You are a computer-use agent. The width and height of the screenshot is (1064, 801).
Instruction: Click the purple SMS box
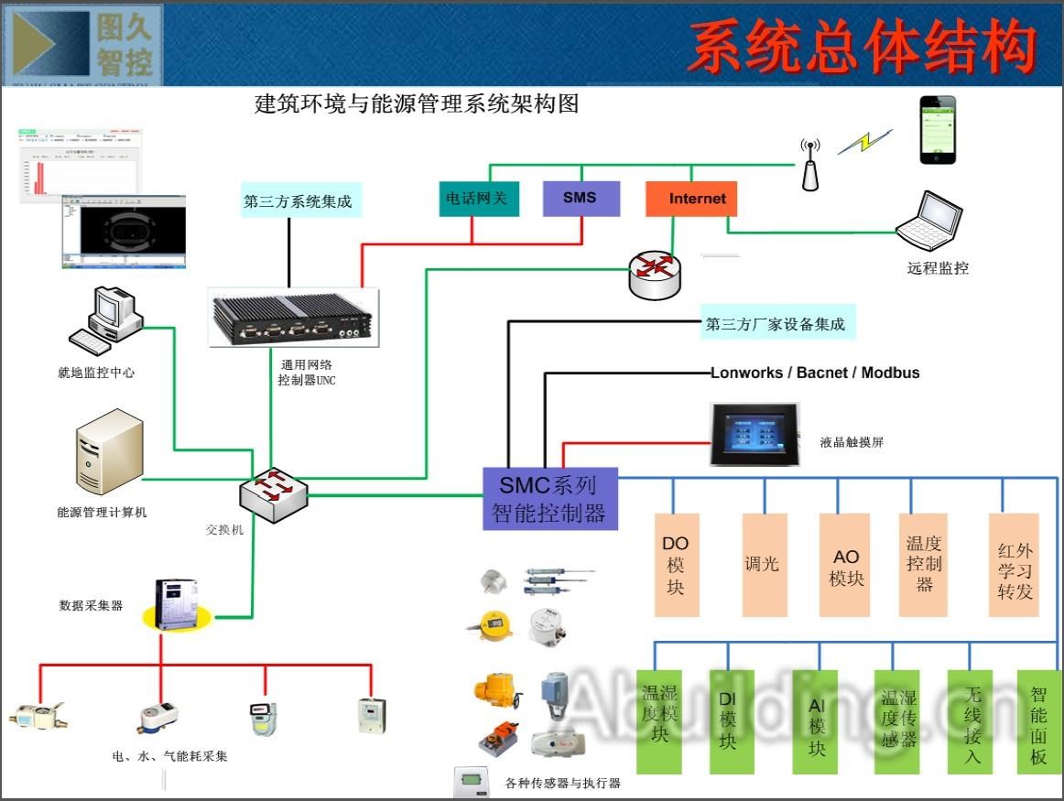click(581, 198)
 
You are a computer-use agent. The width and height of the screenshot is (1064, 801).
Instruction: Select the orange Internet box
click(691, 199)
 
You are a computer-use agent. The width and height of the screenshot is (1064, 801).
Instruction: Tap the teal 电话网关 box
click(479, 198)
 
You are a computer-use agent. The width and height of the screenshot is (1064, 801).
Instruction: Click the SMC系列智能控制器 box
click(549, 499)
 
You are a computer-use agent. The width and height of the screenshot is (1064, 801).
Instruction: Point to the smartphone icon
click(937, 130)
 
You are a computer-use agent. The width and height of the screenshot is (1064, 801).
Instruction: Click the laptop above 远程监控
click(929, 221)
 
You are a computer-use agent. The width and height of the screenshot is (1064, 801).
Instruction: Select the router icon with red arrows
click(655, 273)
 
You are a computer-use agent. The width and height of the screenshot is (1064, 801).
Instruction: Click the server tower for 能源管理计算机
click(109, 452)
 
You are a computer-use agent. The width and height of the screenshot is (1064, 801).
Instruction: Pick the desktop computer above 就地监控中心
click(107, 321)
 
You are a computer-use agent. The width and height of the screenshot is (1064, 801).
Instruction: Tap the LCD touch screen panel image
click(755, 434)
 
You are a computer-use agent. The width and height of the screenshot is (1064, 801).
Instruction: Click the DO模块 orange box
click(675, 564)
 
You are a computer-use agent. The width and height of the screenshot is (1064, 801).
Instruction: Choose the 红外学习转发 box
click(1015, 564)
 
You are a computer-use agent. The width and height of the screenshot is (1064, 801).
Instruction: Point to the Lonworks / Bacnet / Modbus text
click(815, 373)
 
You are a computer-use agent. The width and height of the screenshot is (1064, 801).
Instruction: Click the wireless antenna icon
click(809, 165)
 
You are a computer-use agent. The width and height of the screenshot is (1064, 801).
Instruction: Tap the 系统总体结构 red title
click(861, 48)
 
